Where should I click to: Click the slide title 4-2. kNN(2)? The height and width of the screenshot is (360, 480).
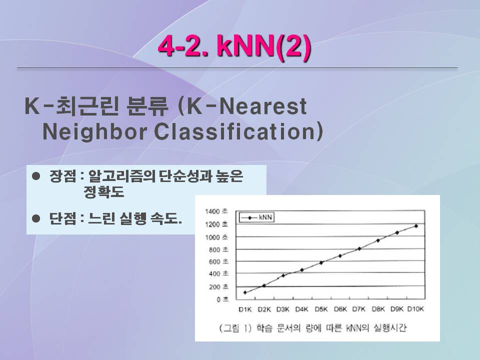(x=234, y=46)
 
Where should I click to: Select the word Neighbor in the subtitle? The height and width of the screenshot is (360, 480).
(x=94, y=132)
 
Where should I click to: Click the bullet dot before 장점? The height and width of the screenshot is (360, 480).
(x=36, y=176)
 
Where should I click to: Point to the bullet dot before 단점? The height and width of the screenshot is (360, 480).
(x=36, y=218)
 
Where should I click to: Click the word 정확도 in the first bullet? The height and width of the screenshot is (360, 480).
(x=104, y=192)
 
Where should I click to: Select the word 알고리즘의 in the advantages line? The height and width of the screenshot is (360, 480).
(x=122, y=176)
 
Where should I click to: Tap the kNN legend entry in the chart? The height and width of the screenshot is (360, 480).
(x=256, y=217)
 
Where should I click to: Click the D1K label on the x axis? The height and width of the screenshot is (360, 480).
(x=245, y=309)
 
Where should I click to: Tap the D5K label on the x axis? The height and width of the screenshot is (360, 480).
(x=321, y=309)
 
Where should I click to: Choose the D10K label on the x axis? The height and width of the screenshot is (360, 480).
(x=415, y=309)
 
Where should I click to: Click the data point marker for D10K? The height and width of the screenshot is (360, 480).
(x=416, y=226)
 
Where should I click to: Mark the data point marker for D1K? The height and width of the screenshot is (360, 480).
(x=245, y=292)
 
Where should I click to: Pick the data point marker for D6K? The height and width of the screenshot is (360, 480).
(x=340, y=255)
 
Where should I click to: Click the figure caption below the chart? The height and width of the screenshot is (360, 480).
(x=312, y=328)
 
